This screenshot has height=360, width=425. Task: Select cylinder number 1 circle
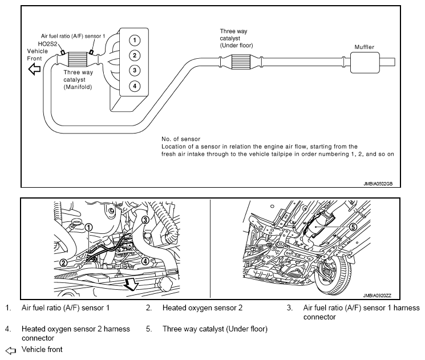pos(133,41)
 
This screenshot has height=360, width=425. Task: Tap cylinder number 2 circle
pos(133,56)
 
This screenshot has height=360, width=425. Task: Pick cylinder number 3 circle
pos(133,71)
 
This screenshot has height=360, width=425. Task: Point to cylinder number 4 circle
pos(133,86)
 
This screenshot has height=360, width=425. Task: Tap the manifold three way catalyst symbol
pos(79,59)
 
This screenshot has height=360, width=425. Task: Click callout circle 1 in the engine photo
pos(89,227)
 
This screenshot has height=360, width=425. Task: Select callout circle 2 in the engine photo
pos(64,263)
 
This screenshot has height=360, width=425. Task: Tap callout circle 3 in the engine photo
pos(145,220)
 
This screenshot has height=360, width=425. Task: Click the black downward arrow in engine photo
pos(132,284)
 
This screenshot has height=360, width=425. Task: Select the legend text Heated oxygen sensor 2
pos(203,308)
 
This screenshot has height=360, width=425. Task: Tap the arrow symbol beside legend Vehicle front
pos(9,349)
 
